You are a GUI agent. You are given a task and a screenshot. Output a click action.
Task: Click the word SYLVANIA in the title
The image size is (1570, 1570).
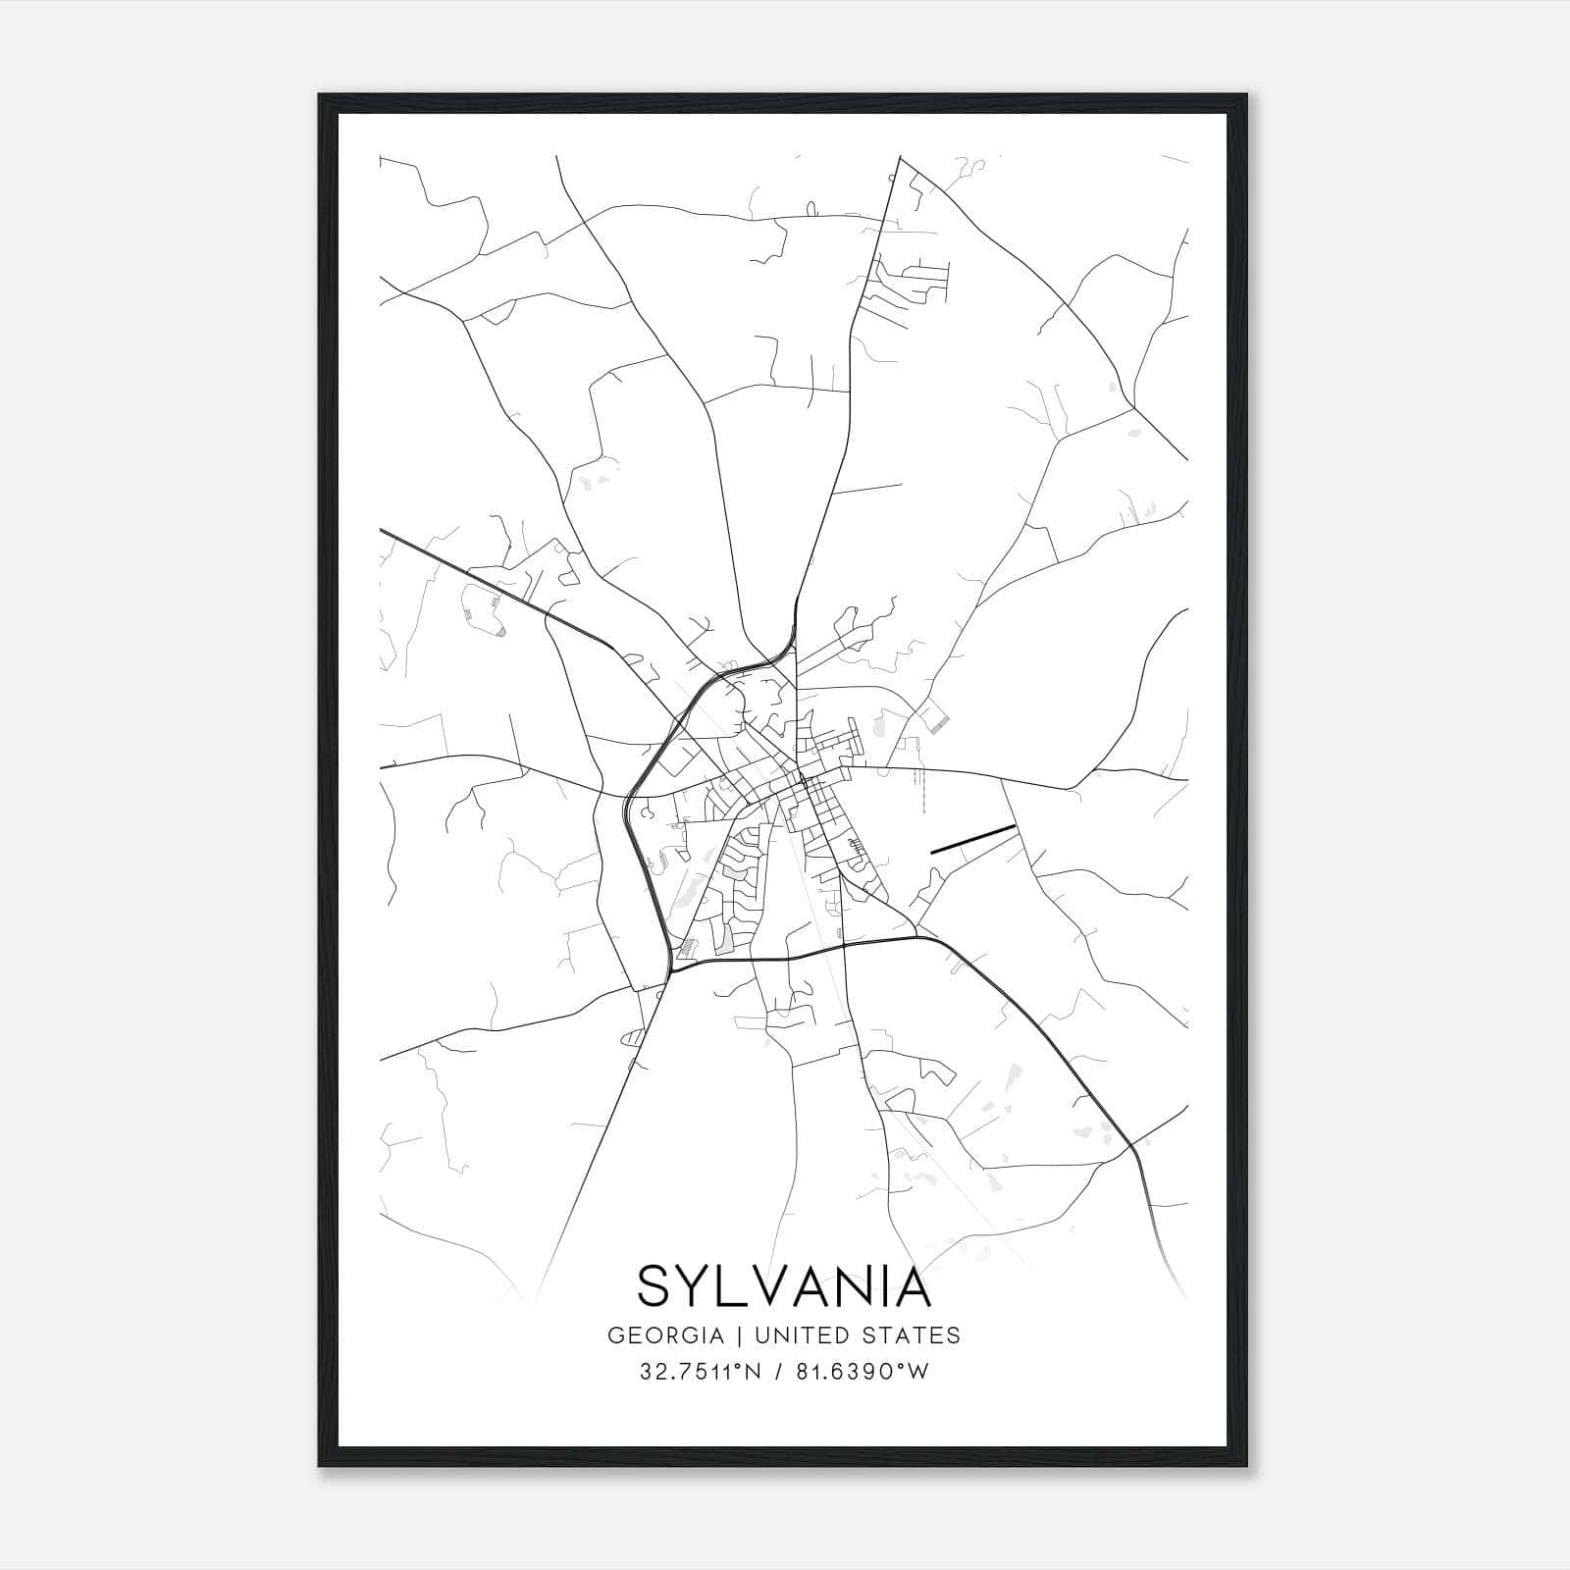click(x=784, y=1286)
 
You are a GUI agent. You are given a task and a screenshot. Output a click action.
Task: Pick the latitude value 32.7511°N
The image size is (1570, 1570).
click(x=698, y=1372)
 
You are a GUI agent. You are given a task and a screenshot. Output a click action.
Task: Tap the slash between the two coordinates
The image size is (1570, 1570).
click(x=780, y=1372)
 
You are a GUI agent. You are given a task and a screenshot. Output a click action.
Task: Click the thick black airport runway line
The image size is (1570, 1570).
click(x=971, y=839)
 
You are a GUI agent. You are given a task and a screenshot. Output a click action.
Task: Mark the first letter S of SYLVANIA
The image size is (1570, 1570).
click(x=654, y=1286)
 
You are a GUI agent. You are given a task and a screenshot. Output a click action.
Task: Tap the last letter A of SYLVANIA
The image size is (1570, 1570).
click(x=912, y=1286)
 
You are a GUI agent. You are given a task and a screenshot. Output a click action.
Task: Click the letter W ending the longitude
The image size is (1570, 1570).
click(x=917, y=1372)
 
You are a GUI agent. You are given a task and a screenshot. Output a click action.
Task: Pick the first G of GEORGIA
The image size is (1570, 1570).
click(x=616, y=1335)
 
